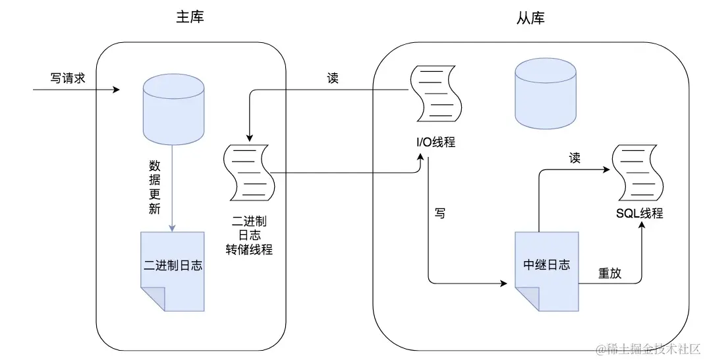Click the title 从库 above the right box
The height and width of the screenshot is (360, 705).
point(530,18)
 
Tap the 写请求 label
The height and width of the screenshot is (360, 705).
point(68,77)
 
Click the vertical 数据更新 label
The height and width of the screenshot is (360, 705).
point(154,188)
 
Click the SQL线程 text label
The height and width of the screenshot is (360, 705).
point(639,213)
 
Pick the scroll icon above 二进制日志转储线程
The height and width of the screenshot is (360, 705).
point(248,172)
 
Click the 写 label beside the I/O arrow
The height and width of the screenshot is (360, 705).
point(439,213)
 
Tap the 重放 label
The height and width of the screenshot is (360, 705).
point(609,272)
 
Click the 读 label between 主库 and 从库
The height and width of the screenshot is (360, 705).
point(333,78)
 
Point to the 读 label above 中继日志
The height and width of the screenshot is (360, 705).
point(575,158)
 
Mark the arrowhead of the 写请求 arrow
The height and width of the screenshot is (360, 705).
point(117,88)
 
